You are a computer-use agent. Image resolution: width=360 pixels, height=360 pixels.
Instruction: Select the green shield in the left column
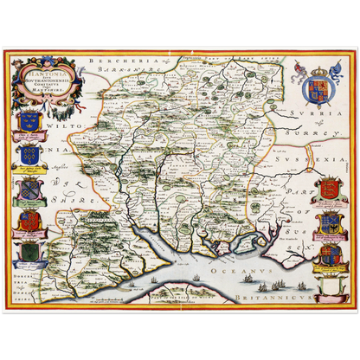[x=29, y=251]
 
